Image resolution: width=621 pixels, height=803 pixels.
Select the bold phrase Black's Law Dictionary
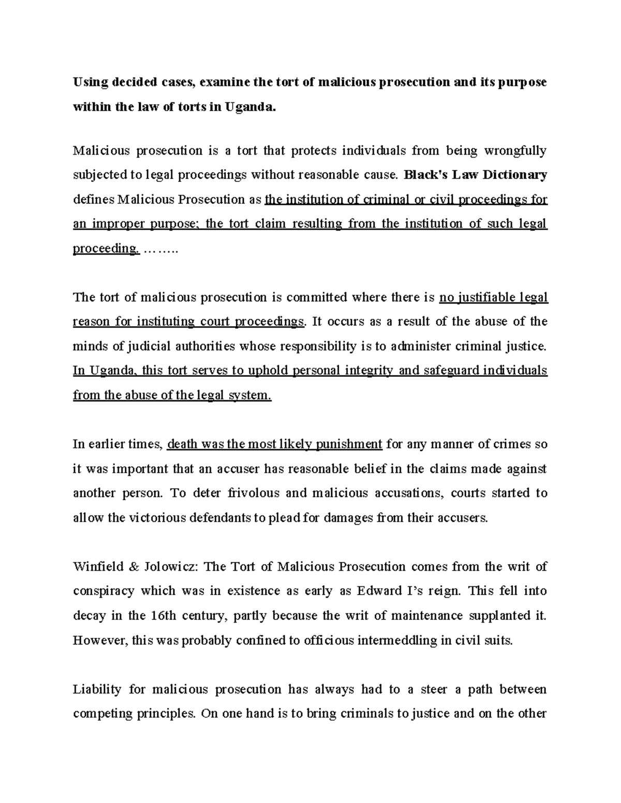(475, 175)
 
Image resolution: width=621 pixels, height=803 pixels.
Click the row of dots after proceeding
(160, 249)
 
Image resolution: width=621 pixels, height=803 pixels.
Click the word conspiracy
(103, 591)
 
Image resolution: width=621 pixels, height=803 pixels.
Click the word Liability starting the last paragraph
(97, 689)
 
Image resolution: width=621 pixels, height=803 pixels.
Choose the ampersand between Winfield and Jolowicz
(134, 567)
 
